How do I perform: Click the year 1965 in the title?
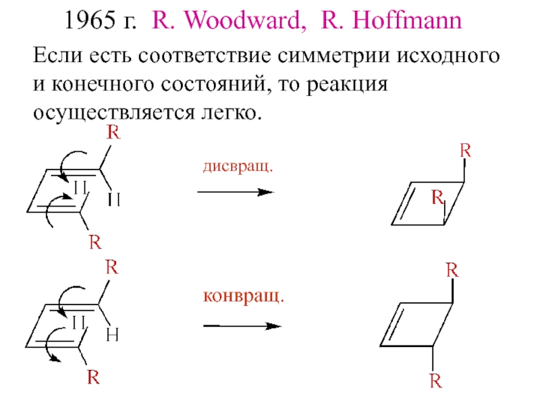[x=90, y=20]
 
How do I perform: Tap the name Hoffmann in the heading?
[x=407, y=20]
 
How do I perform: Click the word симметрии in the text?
[x=333, y=55]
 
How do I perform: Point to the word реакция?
[x=347, y=85]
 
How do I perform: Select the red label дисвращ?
[x=238, y=166]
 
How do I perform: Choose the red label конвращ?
[x=244, y=296]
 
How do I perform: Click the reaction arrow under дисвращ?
[x=236, y=192]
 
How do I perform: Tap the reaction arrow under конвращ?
[x=242, y=326]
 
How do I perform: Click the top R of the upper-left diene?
[x=113, y=132]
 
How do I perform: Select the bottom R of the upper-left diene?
[x=95, y=242]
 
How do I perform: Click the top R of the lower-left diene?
[x=111, y=267]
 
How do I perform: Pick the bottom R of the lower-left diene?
[x=93, y=377]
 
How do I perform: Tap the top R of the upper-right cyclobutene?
[x=465, y=151]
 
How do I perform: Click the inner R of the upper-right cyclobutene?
[x=437, y=197]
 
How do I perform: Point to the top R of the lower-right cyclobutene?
[x=452, y=270]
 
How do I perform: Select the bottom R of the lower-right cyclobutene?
[x=435, y=381]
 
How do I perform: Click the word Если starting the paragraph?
[x=57, y=55]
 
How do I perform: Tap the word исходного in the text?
[x=448, y=55]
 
